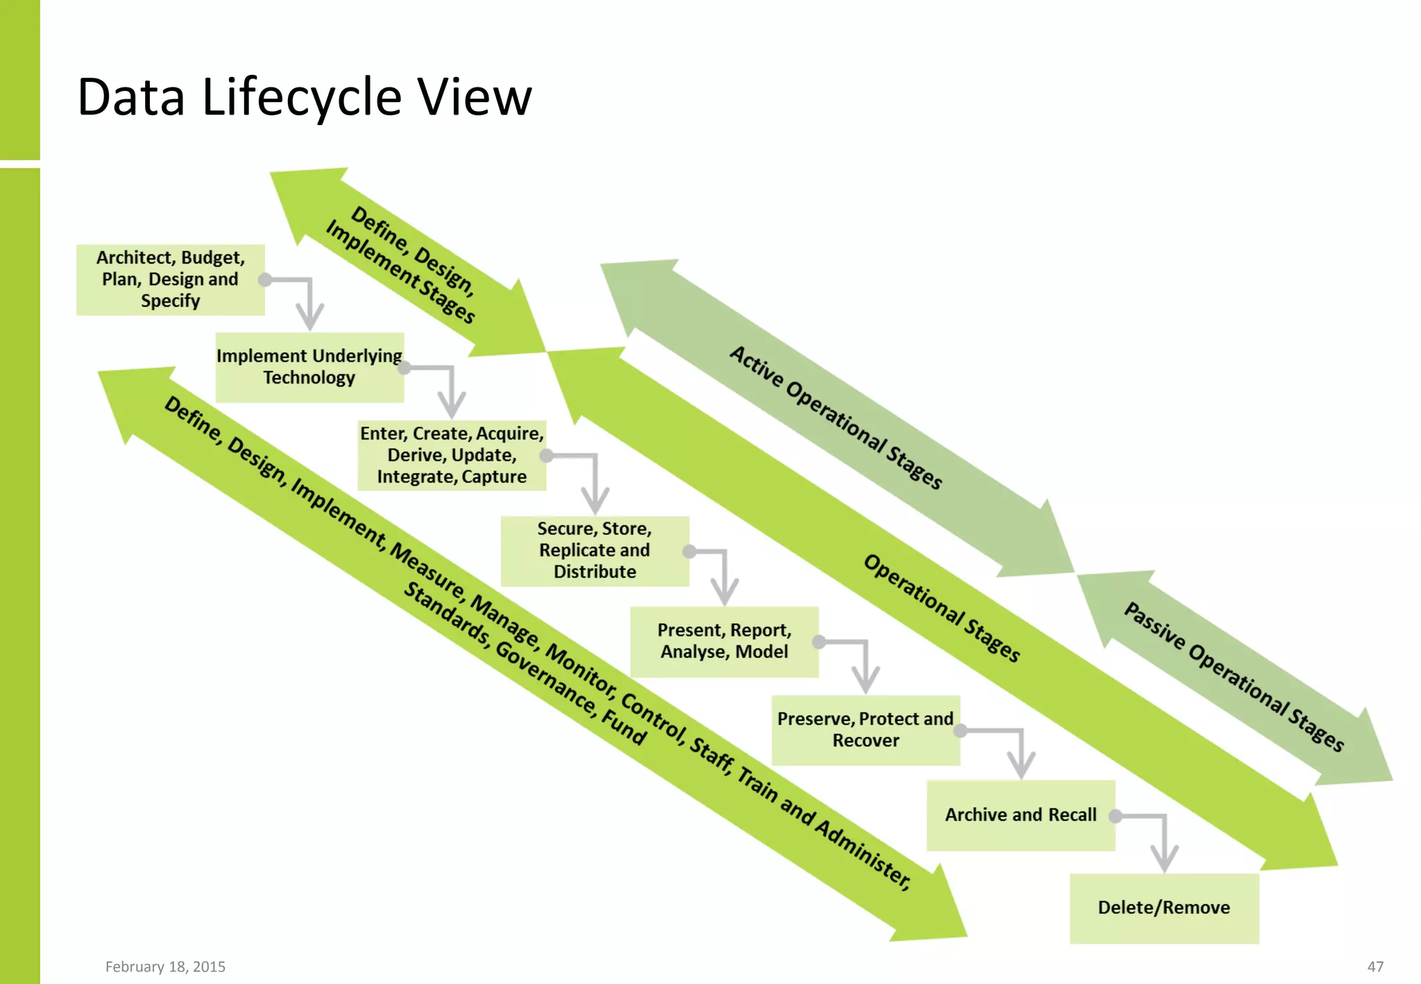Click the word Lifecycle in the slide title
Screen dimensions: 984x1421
301,97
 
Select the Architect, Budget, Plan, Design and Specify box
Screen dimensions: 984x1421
170,280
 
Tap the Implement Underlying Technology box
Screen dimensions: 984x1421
309,367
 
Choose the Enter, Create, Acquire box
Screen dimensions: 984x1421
452,455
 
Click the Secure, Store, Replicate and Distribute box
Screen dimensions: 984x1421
595,550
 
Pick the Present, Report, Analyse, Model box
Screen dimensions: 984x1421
724,641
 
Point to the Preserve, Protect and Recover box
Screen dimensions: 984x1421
865,729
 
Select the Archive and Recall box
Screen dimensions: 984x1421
1020,815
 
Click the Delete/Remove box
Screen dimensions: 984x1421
1164,908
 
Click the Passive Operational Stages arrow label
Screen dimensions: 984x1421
1234,677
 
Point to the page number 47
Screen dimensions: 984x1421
1375,967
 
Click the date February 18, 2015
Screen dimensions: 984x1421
165,967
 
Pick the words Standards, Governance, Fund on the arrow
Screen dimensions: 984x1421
525,663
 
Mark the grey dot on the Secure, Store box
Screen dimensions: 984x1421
689,552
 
